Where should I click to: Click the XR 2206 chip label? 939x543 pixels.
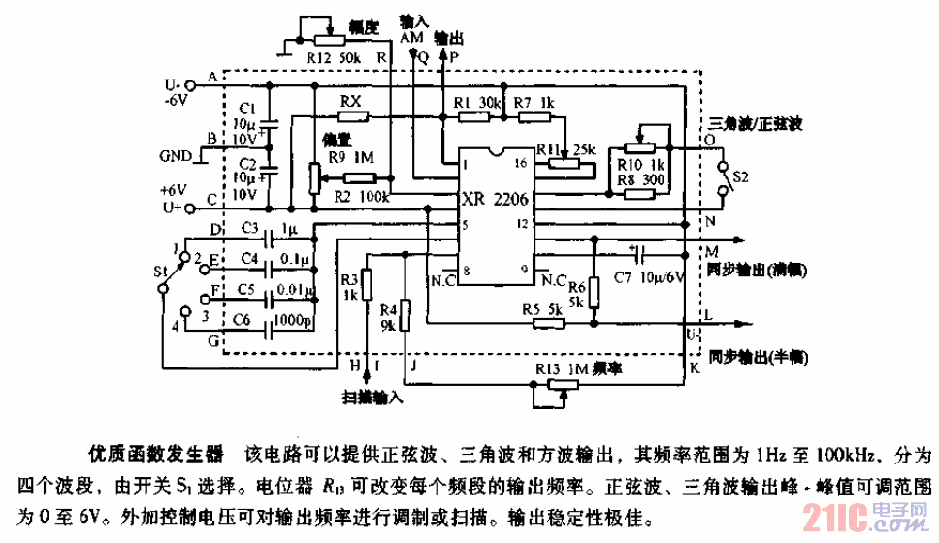(x=497, y=201)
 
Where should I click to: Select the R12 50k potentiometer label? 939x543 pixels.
(x=334, y=59)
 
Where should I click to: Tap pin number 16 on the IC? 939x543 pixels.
(x=520, y=164)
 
